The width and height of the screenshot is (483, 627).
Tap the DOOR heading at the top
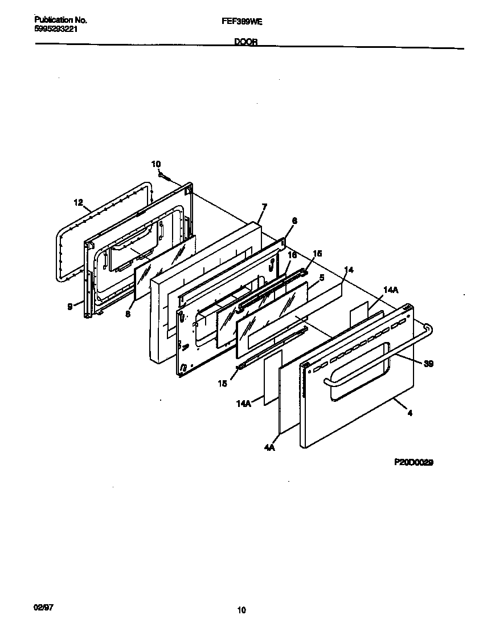(245, 42)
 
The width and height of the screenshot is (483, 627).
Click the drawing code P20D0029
(414, 463)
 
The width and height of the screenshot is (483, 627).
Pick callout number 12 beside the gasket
(79, 202)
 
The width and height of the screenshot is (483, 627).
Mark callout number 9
(70, 306)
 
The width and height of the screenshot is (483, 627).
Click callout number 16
(292, 255)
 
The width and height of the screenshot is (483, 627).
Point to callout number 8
(128, 313)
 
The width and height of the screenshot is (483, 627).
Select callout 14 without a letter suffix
(349, 269)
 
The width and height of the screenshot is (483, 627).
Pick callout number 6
(294, 220)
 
